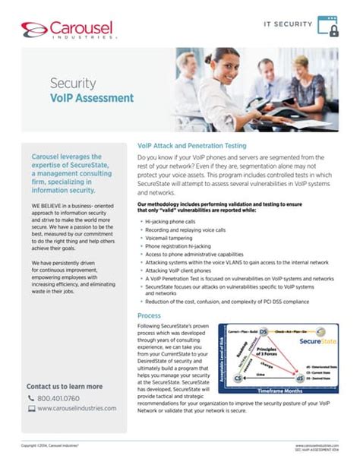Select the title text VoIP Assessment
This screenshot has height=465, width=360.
(x=92, y=98)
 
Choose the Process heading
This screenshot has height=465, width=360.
(x=150, y=315)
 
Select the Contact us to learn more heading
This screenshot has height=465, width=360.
(x=65, y=386)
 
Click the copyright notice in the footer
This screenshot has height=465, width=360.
(x=50, y=445)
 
